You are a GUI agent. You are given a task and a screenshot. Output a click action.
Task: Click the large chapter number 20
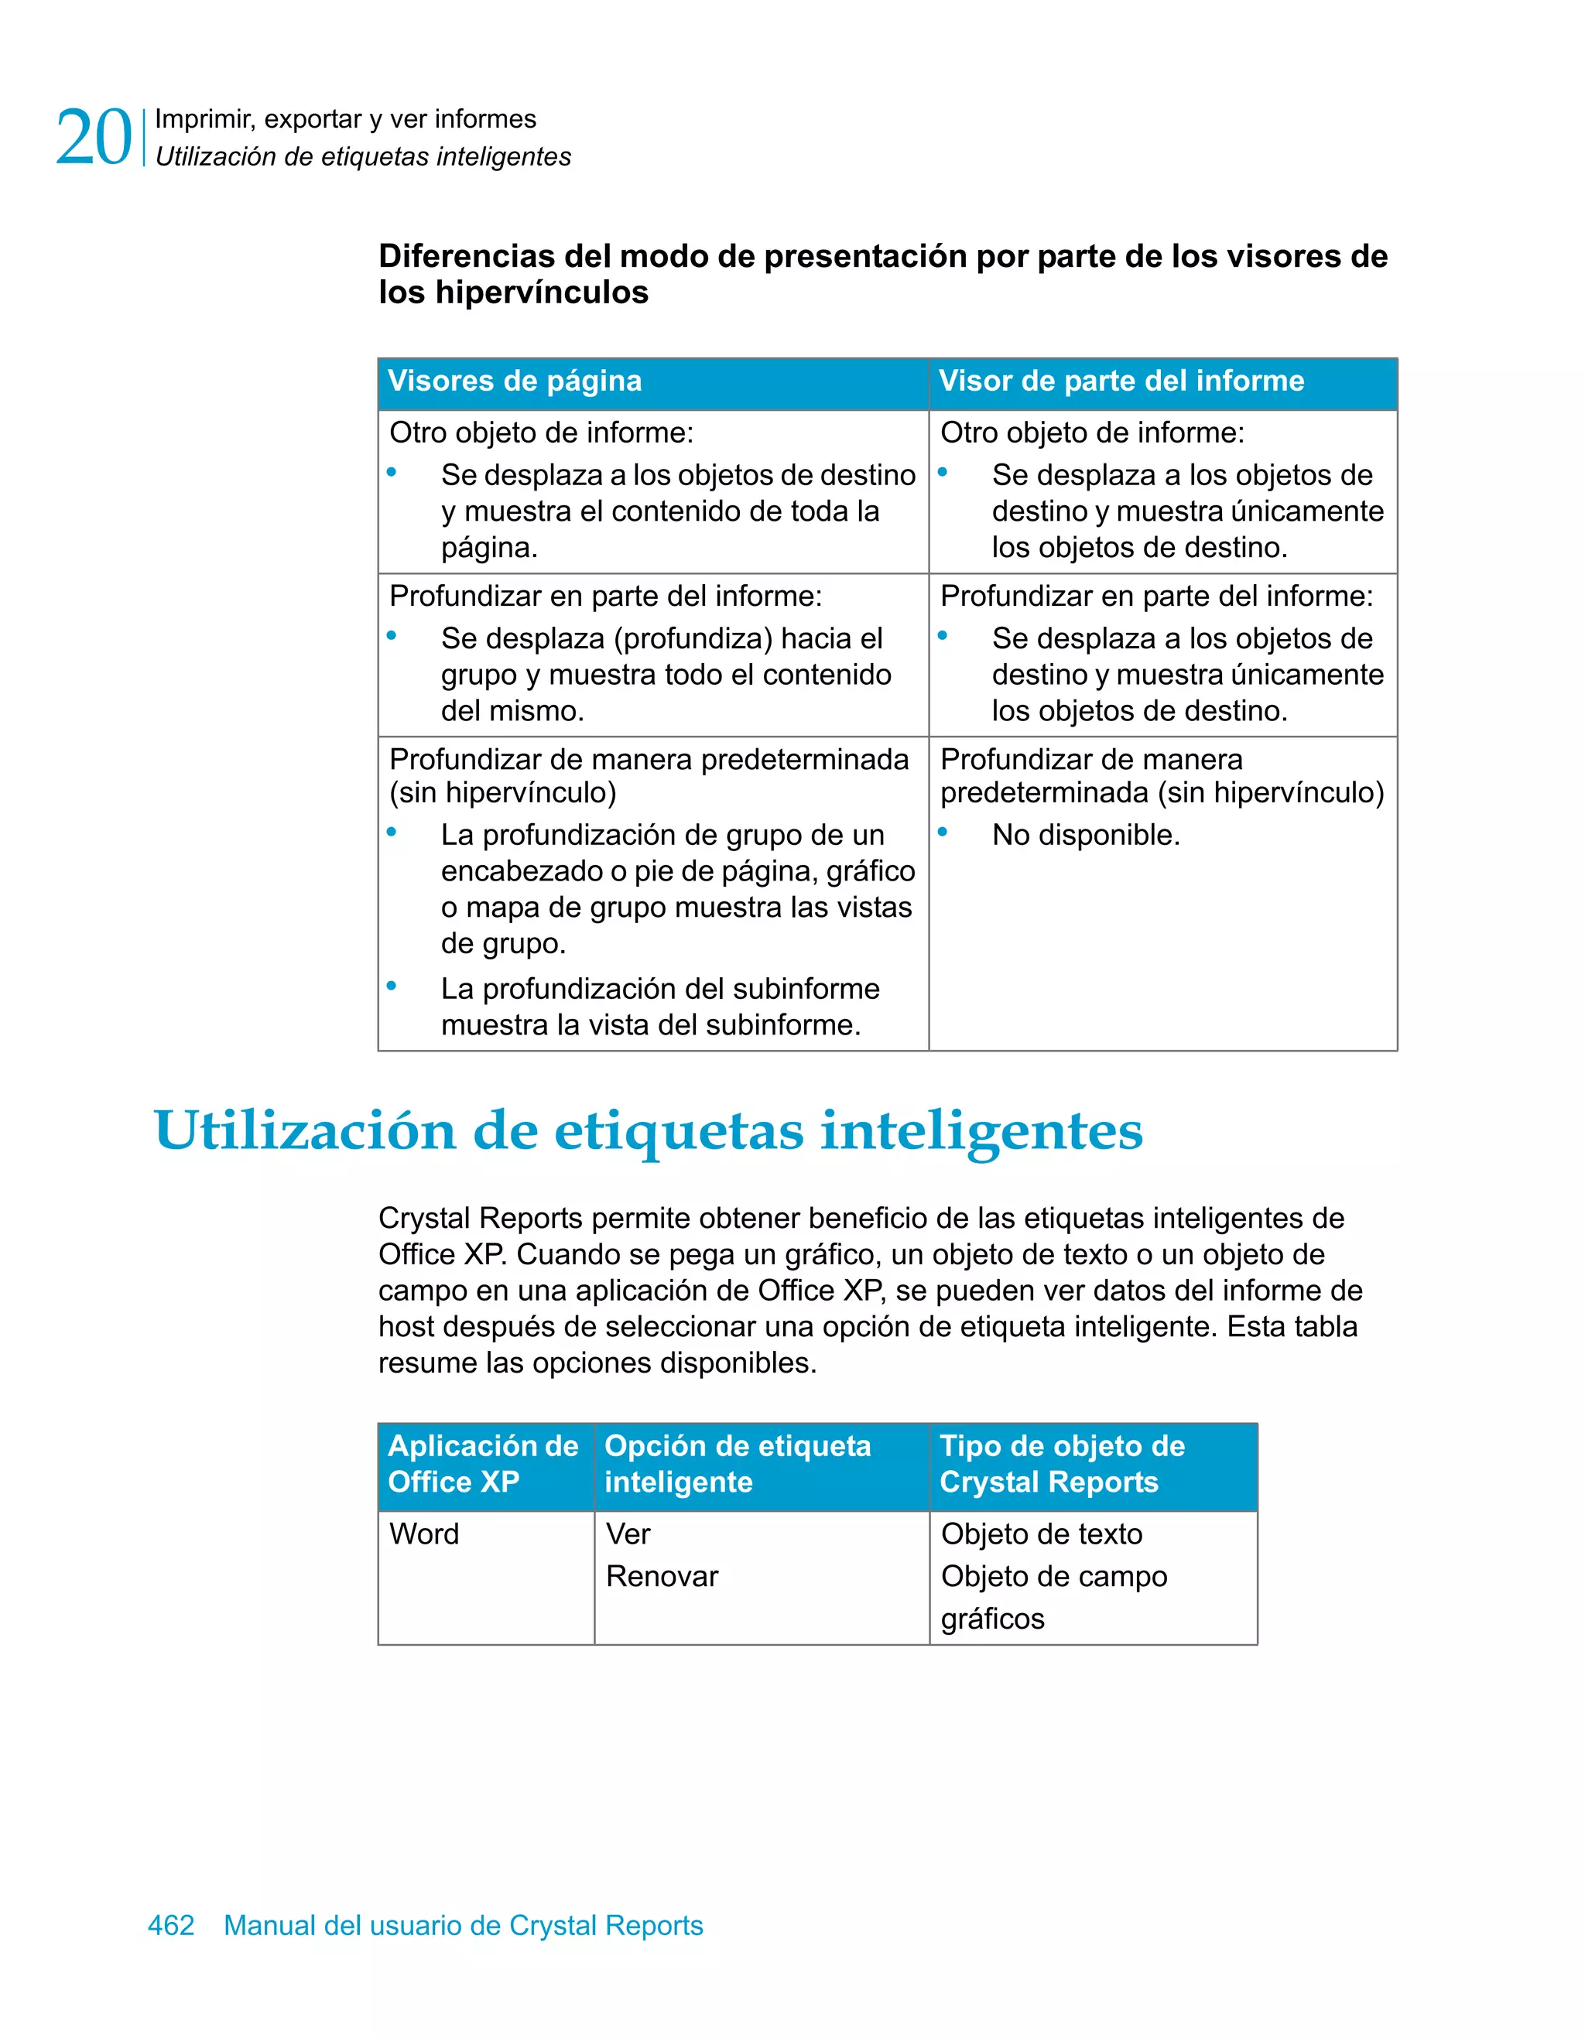(94, 138)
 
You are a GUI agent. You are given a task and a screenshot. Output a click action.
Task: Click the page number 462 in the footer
(171, 1924)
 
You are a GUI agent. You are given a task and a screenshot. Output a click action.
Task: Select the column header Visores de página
(515, 381)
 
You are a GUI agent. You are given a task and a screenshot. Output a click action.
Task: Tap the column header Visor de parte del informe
(1121, 381)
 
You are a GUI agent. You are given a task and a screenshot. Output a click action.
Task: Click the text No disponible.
(1086, 834)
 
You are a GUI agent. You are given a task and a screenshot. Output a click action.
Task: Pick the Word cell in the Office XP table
(424, 1534)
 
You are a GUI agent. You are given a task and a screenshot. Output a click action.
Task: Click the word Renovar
(662, 1576)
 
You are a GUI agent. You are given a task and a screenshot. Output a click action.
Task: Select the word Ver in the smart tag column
(628, 1534)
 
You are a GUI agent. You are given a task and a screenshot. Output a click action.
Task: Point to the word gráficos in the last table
(992, 1618)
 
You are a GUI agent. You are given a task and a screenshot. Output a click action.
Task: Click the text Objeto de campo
(1054, 1576)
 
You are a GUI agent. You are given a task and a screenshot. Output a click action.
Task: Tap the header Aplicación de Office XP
(483, 1463)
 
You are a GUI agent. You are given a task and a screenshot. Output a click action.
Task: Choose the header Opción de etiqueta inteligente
(738, 1463)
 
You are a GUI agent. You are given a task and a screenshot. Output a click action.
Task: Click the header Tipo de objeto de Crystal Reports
(1063, 1463)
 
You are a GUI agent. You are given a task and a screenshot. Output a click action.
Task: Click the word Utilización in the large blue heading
(304, 1131)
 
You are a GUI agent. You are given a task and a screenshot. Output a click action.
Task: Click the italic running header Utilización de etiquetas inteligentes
(363, 157)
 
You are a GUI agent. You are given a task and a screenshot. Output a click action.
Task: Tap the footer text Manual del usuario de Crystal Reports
(463, 1924)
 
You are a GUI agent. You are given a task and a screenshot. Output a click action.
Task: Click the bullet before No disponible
(943, 832)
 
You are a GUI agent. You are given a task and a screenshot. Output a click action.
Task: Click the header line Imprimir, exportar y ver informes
(345, 119)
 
